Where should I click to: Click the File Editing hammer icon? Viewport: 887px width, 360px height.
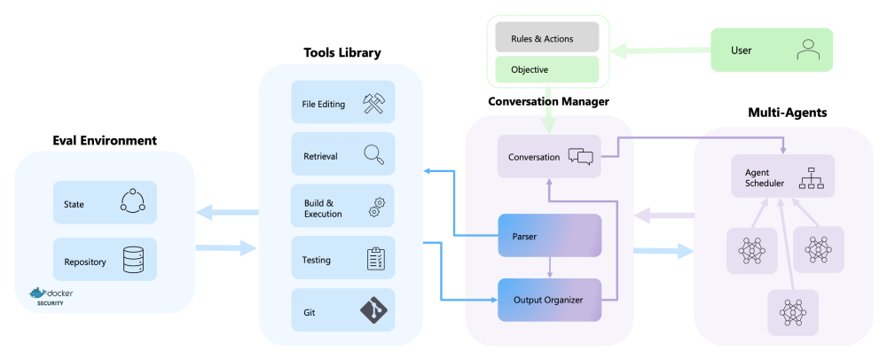pyautogui.click(x=373, y=104)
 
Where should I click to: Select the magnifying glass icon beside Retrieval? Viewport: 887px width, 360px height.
pyautogui.click(x=373, y=155)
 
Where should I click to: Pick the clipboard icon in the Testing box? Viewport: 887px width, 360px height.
pyautogui.click(x=373, y=259)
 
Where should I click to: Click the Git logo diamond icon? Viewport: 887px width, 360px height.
pyautogui.click(x=373, y=311)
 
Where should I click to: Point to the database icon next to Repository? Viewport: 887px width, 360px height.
pyautogui.click(x=132, y=260)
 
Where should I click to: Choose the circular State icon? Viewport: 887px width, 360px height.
pyautogui.click(x=132, y=203)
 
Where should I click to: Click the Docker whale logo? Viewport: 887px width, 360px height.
pyautogui.click(x=38, y=293)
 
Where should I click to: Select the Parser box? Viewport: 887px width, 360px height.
pyautogui.click(x=550, y=236)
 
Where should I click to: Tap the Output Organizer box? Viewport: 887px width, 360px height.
pyautogui.click(x=550, y=300)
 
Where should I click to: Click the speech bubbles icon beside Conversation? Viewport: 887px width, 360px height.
pyautogui.click(x=580, y=157)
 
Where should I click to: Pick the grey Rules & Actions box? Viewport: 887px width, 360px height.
pyautogui.click(x=542, y=39)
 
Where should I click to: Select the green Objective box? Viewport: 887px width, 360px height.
pyautogui.click(x=542, y=68)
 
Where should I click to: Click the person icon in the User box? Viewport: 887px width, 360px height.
pyautogui.click(x=807, y=50)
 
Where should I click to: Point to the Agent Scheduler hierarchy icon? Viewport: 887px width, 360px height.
pyautogui.click(x=812, y=177)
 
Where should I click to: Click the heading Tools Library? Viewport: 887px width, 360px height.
pyautogui.click(x=341, y=52)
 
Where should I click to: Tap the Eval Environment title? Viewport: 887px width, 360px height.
pyautogui.click(x=104, y=140)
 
